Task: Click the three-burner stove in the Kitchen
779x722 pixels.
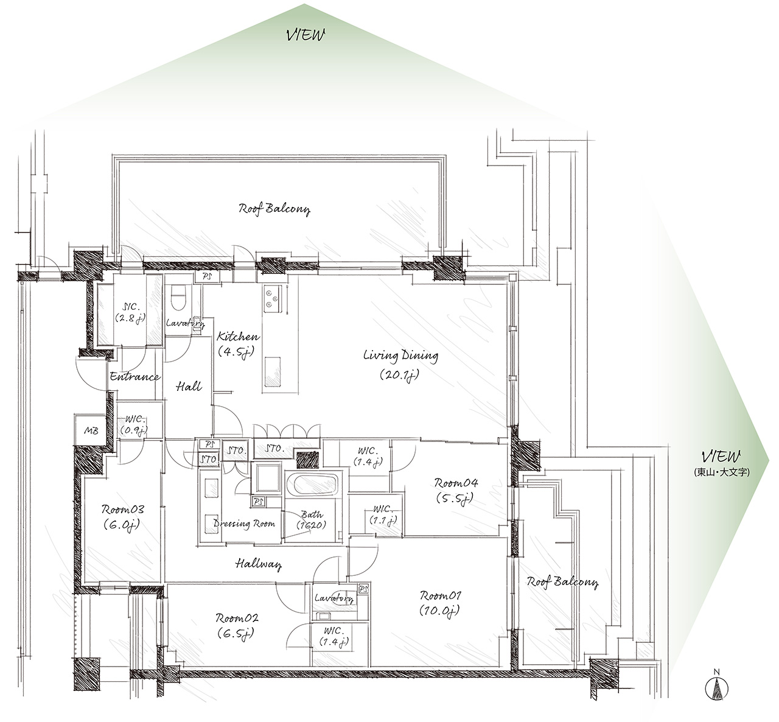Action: (271, 299)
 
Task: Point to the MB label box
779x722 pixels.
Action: (91, 430)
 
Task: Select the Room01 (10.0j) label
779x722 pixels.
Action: (440, 603)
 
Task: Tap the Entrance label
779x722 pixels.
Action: (134, 377)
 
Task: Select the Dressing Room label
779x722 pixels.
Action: (244, 524)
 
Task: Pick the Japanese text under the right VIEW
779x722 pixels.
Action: (722, 472)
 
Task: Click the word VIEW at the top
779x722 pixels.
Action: (306, 35)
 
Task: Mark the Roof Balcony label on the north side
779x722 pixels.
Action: (274, 208)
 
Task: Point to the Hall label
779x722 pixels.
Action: (189, 387)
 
